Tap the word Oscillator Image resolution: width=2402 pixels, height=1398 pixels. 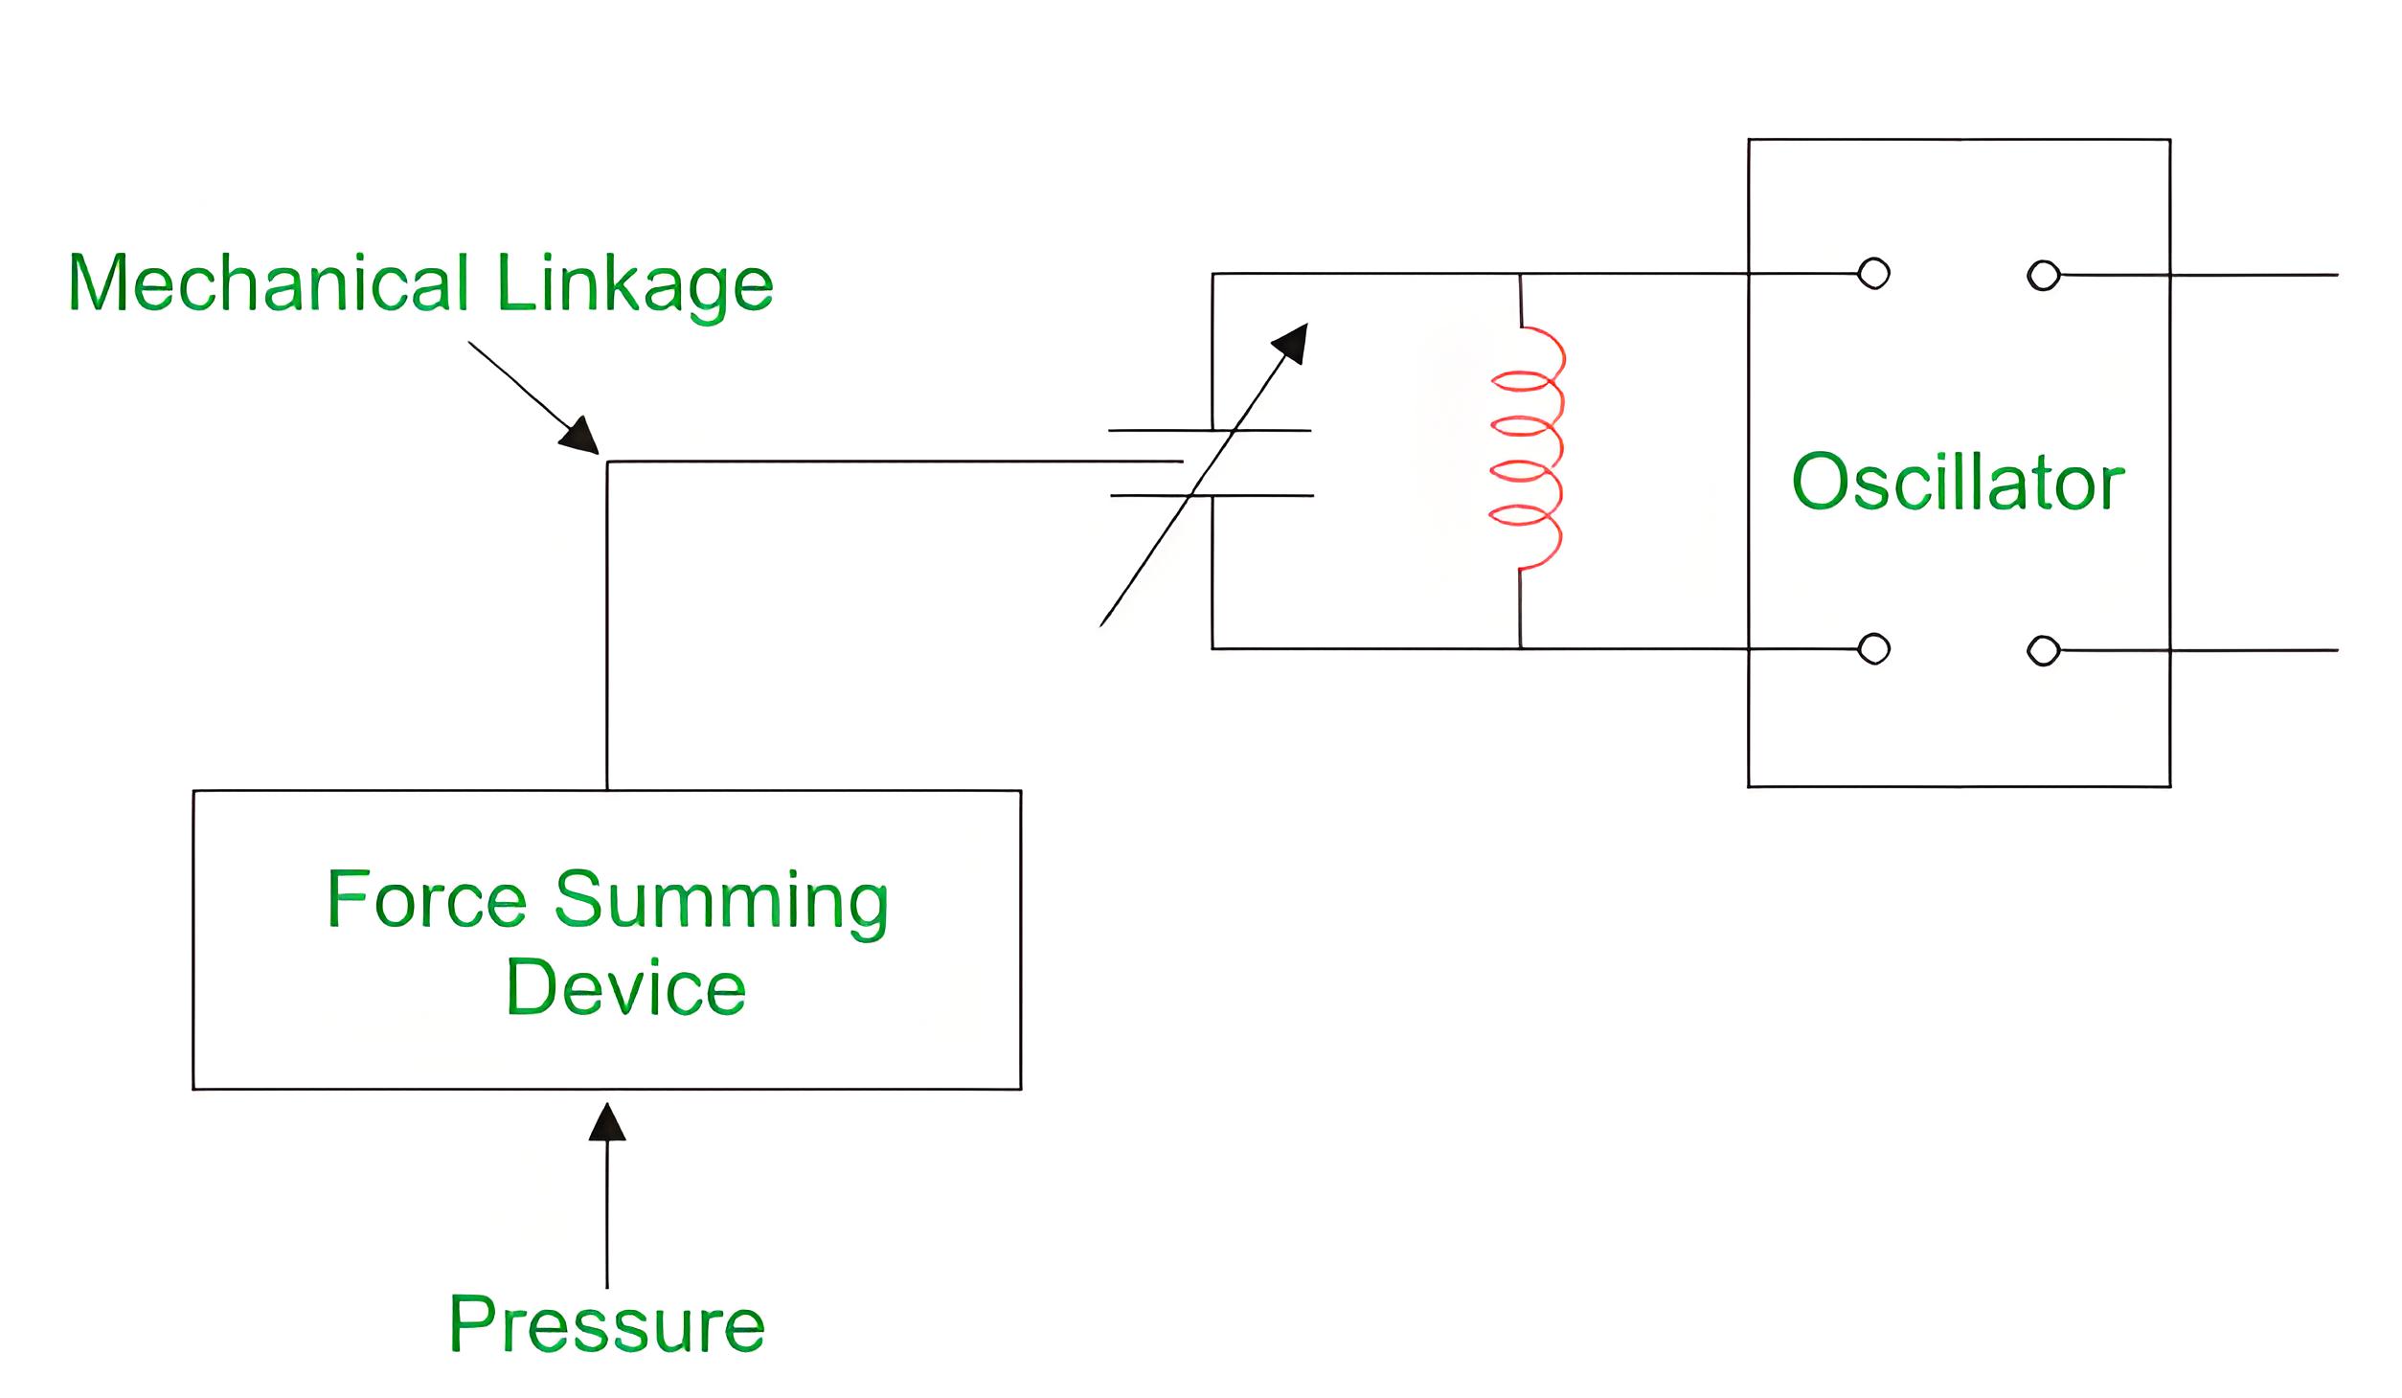(1959, 482)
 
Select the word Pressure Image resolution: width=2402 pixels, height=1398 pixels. (607, 1324)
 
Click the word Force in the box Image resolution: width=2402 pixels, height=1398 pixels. (427, 898)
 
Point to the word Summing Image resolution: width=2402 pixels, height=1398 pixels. (722, 904)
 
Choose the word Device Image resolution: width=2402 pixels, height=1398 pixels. (625, 986)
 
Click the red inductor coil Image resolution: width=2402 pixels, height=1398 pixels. (1527, 448)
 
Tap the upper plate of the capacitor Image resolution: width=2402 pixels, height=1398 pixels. (1210, 431)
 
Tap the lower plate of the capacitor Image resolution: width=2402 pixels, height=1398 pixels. (1212, 495)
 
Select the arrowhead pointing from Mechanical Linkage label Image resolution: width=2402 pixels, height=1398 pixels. (580, 436)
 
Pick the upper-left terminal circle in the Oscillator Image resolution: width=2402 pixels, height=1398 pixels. (1873, 274)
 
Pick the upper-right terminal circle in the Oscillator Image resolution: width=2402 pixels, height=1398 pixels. (2044, 276)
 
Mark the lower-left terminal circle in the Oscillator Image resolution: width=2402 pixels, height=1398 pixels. (1873, 649)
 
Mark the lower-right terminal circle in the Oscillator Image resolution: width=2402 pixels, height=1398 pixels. (2044, 651)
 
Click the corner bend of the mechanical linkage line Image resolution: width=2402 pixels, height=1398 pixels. (607, 462)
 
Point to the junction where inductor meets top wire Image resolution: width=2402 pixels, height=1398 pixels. (1520, 275)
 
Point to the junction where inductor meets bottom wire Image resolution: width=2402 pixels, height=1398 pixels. (1520, 649)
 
